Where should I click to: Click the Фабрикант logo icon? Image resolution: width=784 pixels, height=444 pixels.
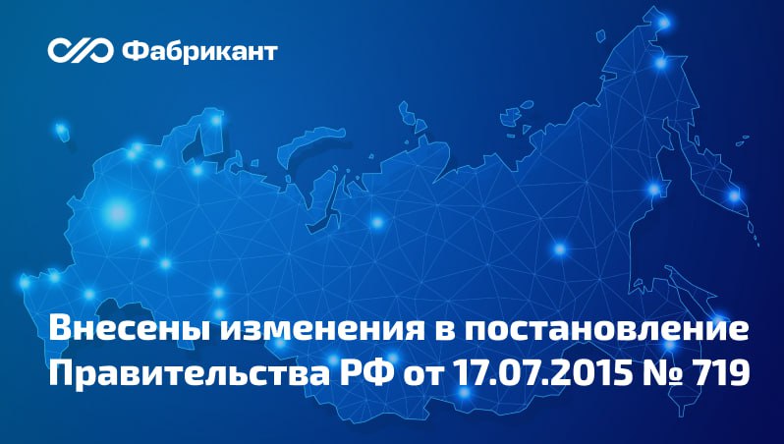[x=81, y=48]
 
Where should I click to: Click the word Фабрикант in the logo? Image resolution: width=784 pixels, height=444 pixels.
[x=199, y=48]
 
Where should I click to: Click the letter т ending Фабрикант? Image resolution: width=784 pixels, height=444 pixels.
[x=270, y=49]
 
